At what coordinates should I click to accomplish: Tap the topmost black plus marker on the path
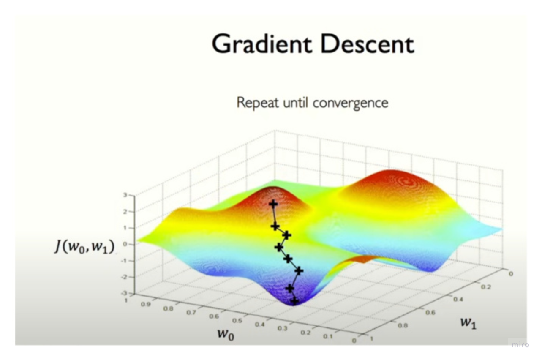point(273,204)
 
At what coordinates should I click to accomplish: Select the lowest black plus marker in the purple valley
point(294,301)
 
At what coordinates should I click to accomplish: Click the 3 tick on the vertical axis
point(125,195)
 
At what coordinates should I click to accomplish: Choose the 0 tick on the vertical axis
point(125,244)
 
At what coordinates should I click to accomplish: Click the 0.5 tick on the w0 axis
point(226,321)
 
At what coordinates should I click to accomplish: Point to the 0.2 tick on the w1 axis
point(485,287)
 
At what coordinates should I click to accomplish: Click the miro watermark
point(520,345)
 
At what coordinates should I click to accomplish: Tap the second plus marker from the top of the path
point(275,226)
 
